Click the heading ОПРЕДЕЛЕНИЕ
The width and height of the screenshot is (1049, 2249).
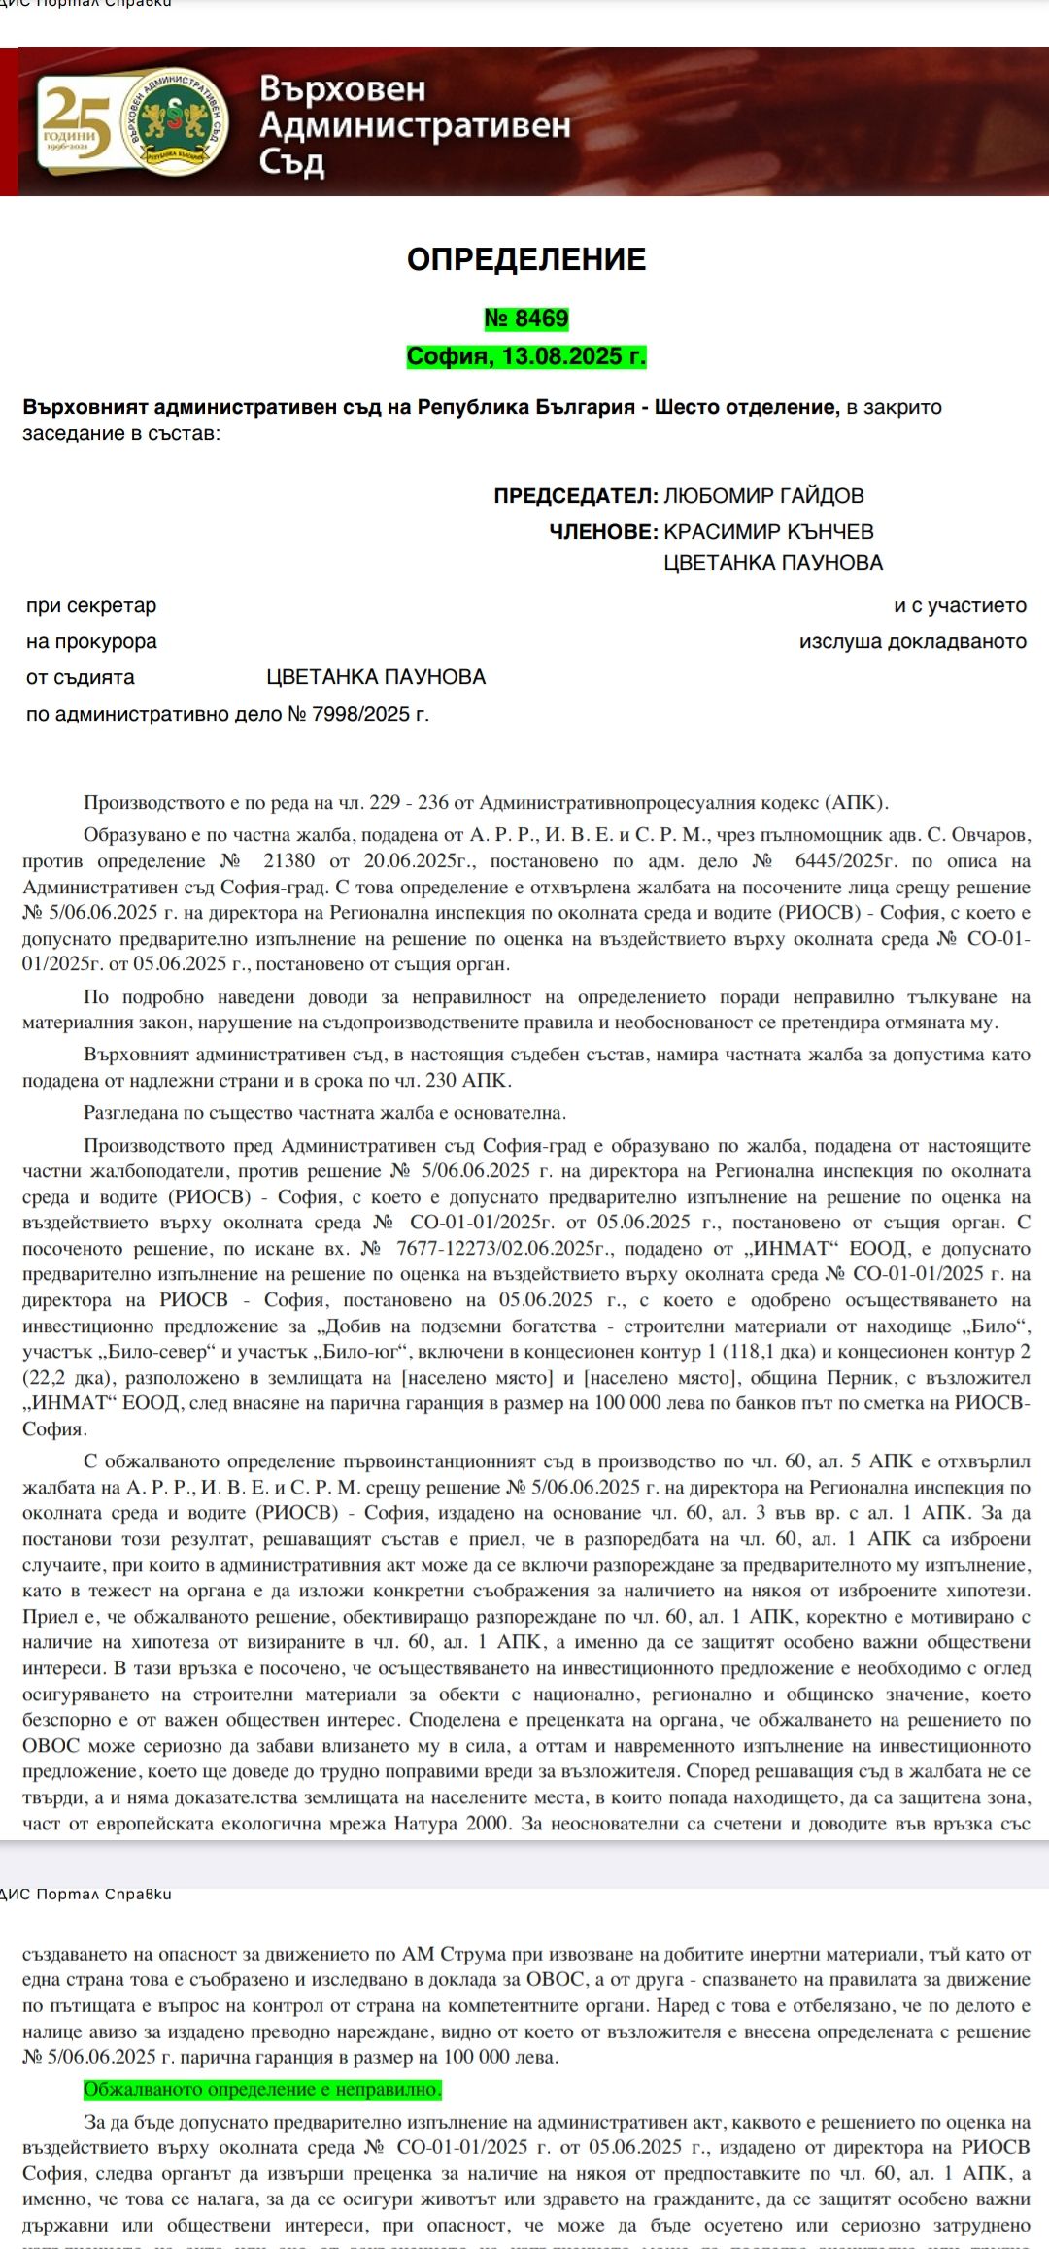(x=526, y=259)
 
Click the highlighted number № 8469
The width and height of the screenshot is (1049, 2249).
(x=526, y=319)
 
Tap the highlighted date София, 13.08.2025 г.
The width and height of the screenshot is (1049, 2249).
(x=526, y=356)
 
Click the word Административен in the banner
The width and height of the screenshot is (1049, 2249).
(x=415, y=125)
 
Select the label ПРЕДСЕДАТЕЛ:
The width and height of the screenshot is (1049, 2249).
(x=576, y=496)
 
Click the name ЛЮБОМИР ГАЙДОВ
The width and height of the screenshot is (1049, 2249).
(x=763, y=496)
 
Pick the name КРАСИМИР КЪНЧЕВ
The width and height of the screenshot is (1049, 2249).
(x=768, y=532)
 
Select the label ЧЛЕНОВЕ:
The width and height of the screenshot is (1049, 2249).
(x=603, y=532)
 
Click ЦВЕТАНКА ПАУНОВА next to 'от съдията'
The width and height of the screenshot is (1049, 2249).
(x=376, y=677)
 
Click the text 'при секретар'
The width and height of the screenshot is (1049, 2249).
(x=91, y=606)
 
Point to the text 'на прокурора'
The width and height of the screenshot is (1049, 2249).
(x=91, y=642)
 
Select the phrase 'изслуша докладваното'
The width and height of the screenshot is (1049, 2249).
(x=912, y=642)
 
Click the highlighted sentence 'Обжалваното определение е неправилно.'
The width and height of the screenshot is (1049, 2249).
(x=262, y=2089)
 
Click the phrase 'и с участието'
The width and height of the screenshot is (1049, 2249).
(x=960, y=606)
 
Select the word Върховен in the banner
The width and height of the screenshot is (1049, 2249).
(x=343, y=89)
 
